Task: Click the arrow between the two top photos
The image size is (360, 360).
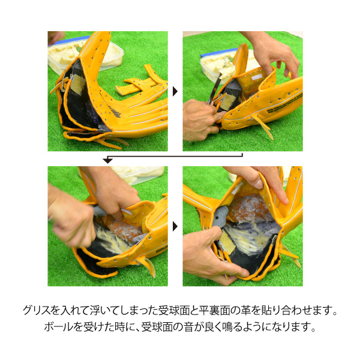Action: coord(175,91)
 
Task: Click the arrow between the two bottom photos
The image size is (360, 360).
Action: coord(175,226)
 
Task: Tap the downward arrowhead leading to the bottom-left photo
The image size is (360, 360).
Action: coord(107,161)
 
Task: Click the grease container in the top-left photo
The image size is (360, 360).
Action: coord(85,55)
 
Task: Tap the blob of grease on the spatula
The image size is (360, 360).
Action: coord(227,67)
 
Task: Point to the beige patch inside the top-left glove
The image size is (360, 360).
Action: coord(77,84)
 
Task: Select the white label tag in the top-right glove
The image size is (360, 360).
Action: coord(257,77)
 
